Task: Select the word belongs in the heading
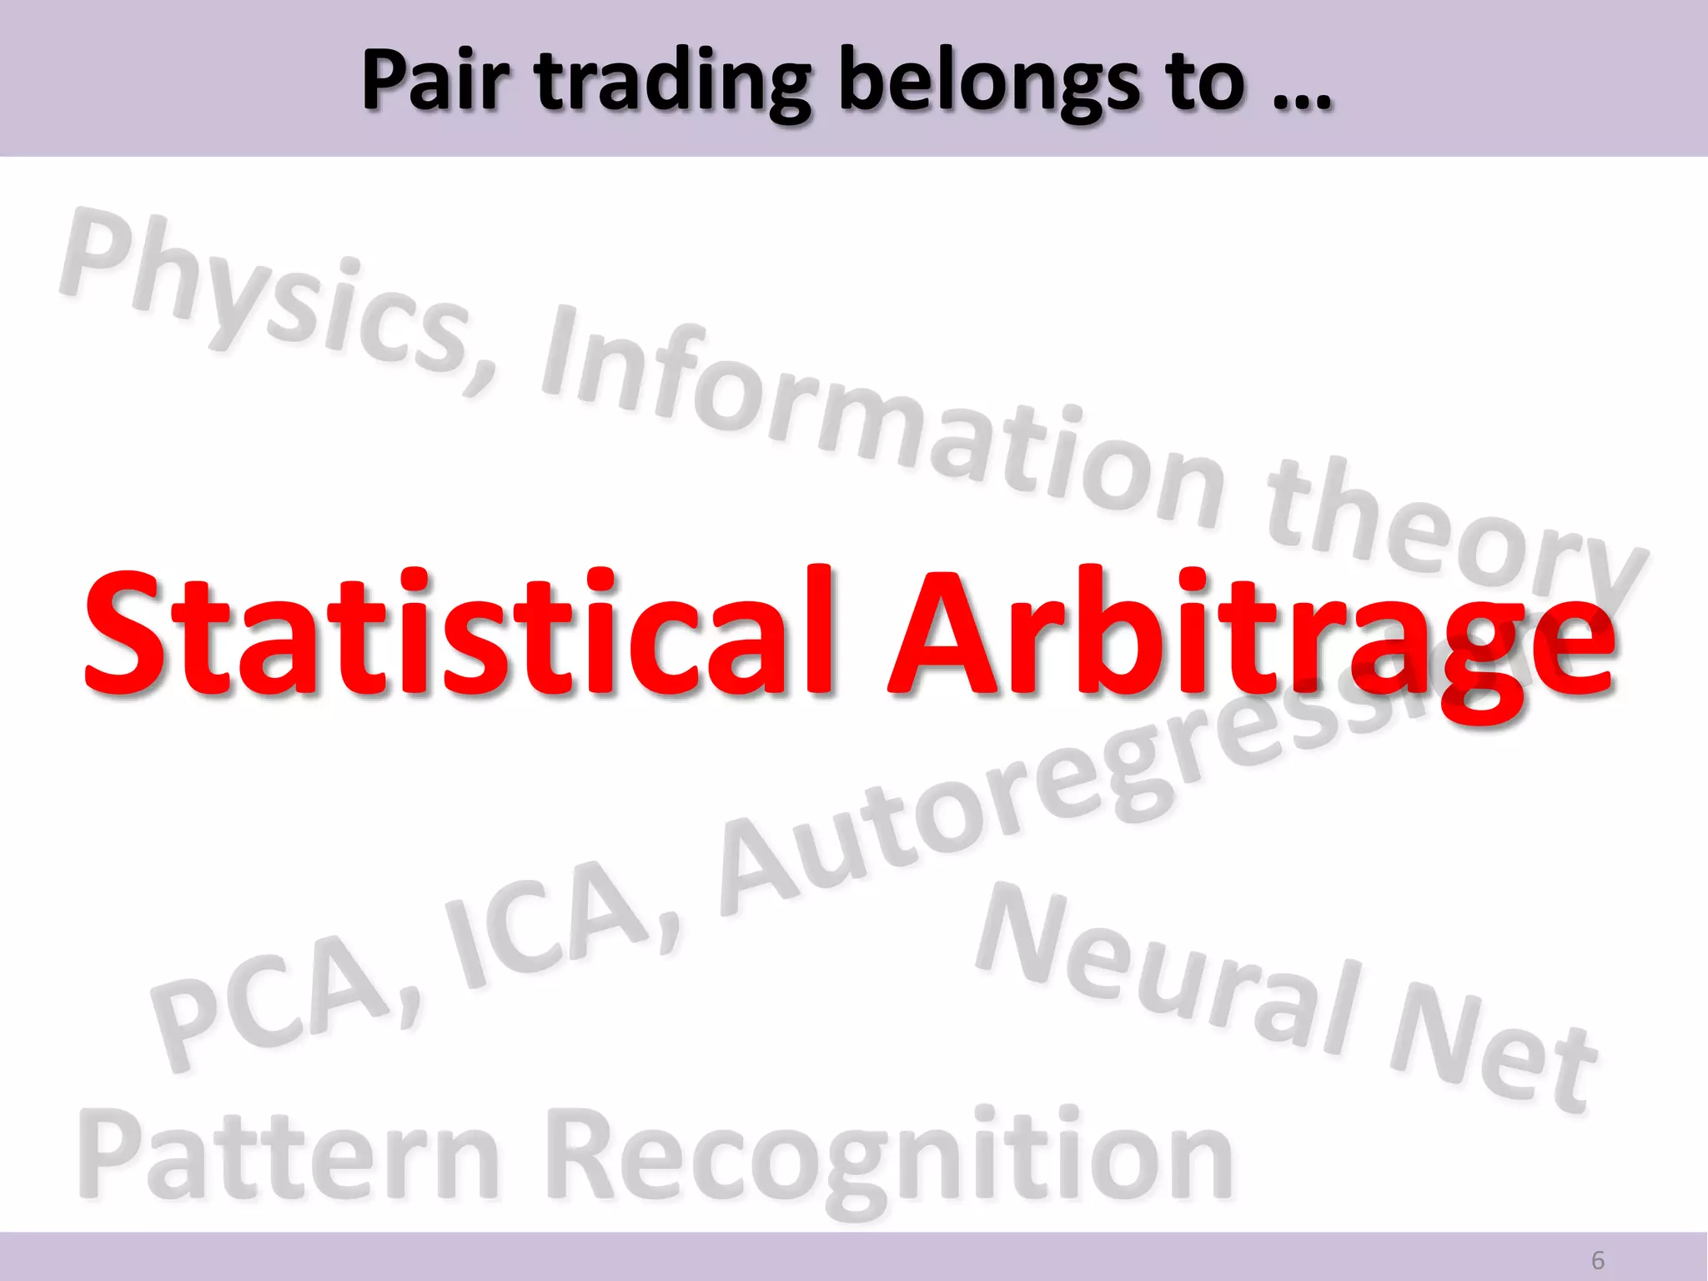pyautogui.click(x=988, y=83)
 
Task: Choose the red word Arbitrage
pyautogui.click(x=1251, y=638)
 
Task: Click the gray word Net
pyautogui.click(x=1493, y=1051)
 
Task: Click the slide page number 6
pyautogui.click(x=1598, y=1260)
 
